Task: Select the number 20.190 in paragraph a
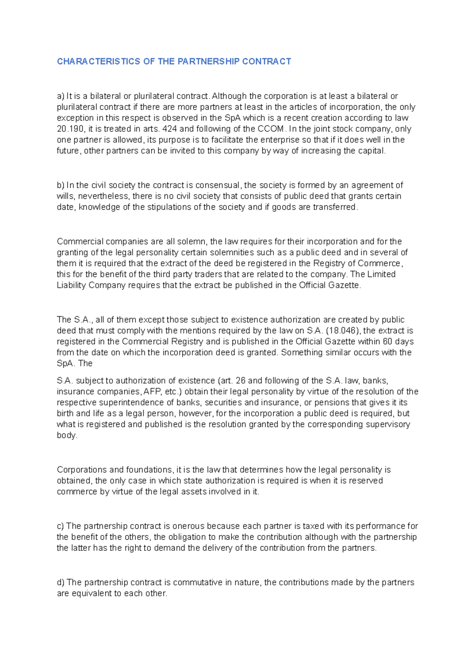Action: tap(68, 129)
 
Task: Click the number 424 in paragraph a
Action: tap(170, 129)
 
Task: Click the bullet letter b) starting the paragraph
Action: tap(60, 185)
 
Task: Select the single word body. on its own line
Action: tap(67, 435)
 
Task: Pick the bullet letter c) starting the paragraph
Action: tap(60, 526)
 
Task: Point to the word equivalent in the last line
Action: tap(91, 594)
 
